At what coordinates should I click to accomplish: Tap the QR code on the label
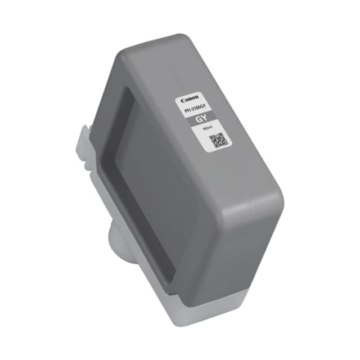pos(220,140)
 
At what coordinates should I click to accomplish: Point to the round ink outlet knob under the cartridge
pos(112,231)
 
